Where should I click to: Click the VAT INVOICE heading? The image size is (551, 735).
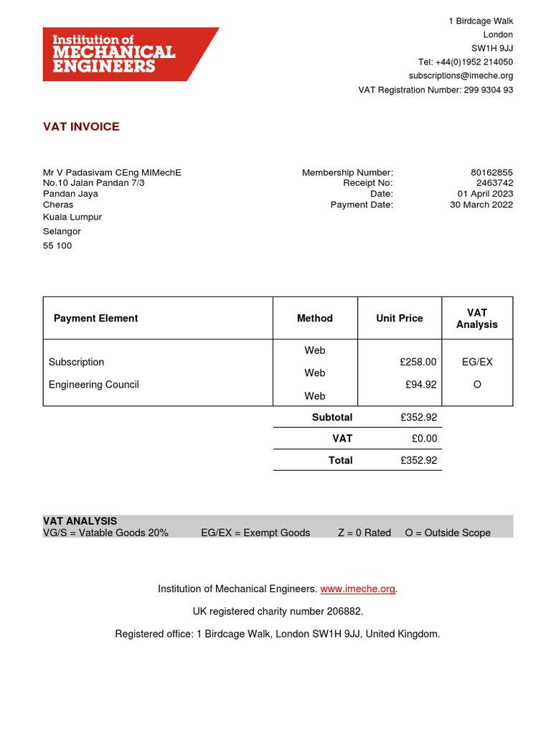[81, 127]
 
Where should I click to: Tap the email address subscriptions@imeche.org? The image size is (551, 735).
[461, 75]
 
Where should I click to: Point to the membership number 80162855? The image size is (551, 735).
[491, 172]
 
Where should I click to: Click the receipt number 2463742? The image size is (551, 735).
[494, 183]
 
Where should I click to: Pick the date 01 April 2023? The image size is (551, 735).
[485, 194]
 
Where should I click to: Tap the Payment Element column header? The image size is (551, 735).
[95, 318]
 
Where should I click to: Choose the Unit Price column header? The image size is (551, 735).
[400, 318]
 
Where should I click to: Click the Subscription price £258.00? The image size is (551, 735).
[418, 362]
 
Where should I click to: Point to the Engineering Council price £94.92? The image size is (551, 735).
[421, 385]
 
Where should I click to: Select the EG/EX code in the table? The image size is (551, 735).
[477, 362]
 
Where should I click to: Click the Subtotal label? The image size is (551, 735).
[332, 417]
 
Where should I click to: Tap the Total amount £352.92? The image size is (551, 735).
[418, 460]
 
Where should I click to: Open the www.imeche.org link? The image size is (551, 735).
[358, 589]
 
